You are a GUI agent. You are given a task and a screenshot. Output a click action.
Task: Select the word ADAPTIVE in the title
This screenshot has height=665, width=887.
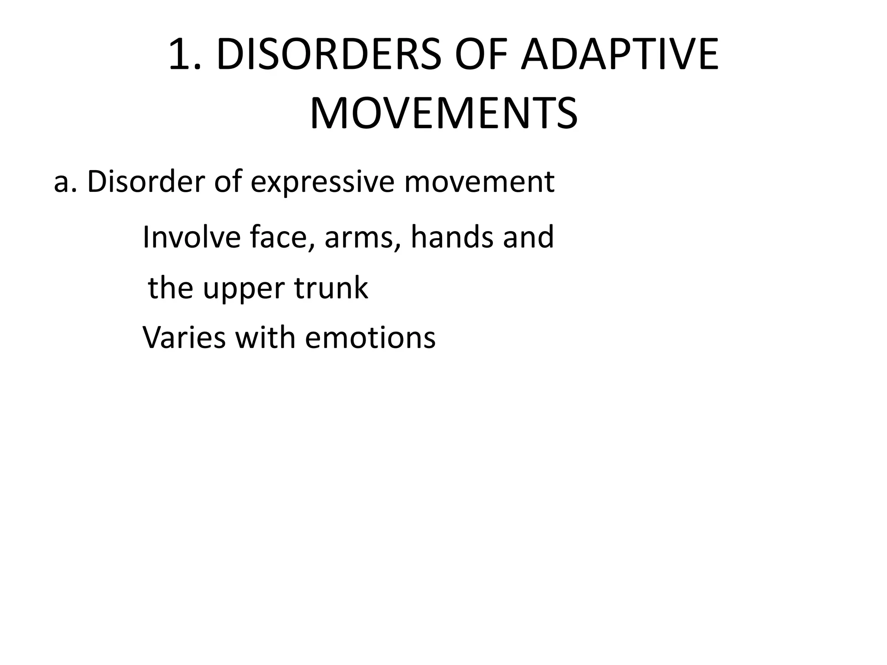point(619,55)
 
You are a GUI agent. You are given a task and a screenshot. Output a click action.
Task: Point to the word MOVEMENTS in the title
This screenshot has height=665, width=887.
point(443,114)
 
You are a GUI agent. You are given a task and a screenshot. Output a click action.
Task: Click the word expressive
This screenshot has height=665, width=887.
point(323,182)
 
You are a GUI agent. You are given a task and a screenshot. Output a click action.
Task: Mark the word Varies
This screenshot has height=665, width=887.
point(184,338)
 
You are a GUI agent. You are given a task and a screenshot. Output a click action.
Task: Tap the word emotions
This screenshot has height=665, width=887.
point(370,338)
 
